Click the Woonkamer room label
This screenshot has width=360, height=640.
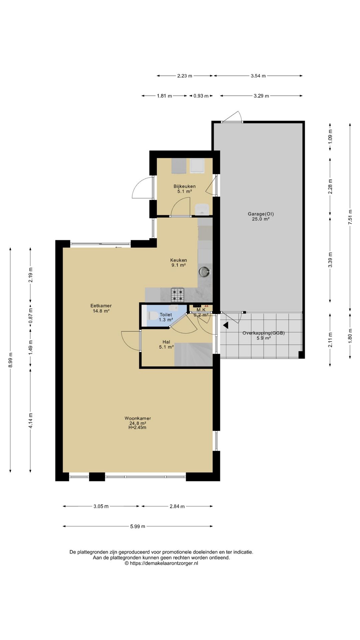(x=138, y=418)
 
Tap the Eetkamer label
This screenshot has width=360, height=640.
(x=101, y=306)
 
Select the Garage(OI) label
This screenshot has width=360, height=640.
(x=261, y=214)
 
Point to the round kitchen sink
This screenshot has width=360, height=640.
(x=205, y=272)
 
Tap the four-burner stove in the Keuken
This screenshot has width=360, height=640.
(x=178, y=295)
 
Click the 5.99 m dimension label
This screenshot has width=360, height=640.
(x=138, y=526)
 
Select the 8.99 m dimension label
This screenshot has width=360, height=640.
(x=10, y=360)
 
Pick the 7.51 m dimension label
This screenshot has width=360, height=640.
(x=350, y=217)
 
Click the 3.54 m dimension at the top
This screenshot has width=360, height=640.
(x=258, y=76)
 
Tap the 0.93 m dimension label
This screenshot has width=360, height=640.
(x=201, y=96)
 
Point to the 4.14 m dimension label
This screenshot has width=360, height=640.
(x=30, y=421)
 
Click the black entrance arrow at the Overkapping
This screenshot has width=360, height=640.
(x=226, y=325)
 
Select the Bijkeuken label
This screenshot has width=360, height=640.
(x=184, y=186)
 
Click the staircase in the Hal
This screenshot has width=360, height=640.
(x=193, y=355)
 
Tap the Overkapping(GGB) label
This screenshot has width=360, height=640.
(x=264, y=333)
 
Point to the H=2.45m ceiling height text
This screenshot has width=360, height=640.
(x=137, y=427)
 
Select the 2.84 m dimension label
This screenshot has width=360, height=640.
(x=177, y=506)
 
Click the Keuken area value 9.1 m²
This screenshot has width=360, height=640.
(x=178, y=265)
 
